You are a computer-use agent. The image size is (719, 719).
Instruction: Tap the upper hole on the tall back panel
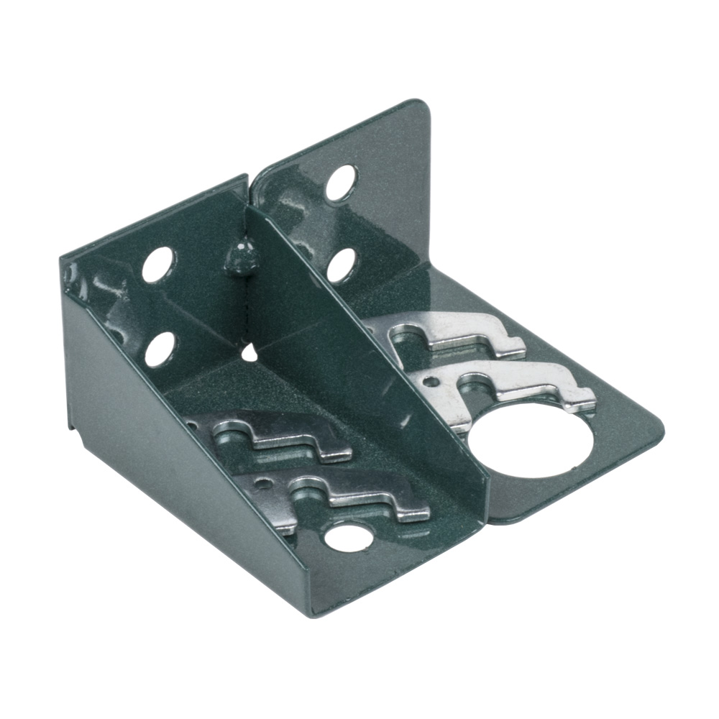pyautogui.click(x=341, y=183)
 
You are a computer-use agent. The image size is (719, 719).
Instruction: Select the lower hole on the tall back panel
pyautogui.click(x=342, y=265)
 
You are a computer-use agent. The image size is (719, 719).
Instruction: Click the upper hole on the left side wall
pyautogui.click(x=158, y=265)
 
